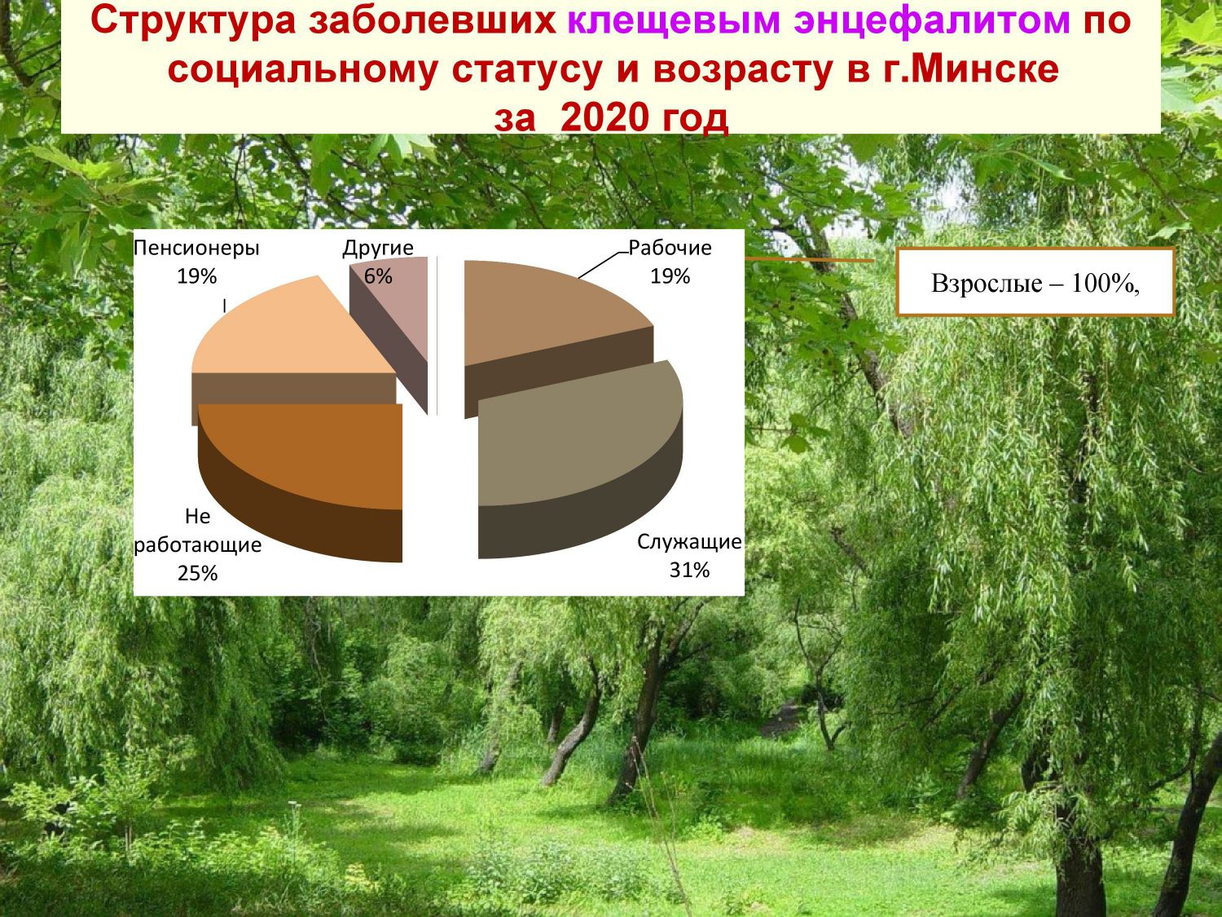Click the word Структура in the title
[x=192, y=20]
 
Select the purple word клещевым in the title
[x=674, y=20]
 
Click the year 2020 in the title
[x=604, y=117]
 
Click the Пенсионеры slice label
[x=196, y=249]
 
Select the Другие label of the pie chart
[x=378, y=249]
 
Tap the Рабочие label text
[x=670, y=248]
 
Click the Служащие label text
[x=689, y=542]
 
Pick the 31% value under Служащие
[x=689, y=570]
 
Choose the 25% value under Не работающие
[x=198, y=574]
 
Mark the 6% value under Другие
[x=378, y=276]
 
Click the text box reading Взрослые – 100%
[x=1035, y=282]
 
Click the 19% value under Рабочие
[x=670, y=276]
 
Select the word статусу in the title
[x=528, y=69]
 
